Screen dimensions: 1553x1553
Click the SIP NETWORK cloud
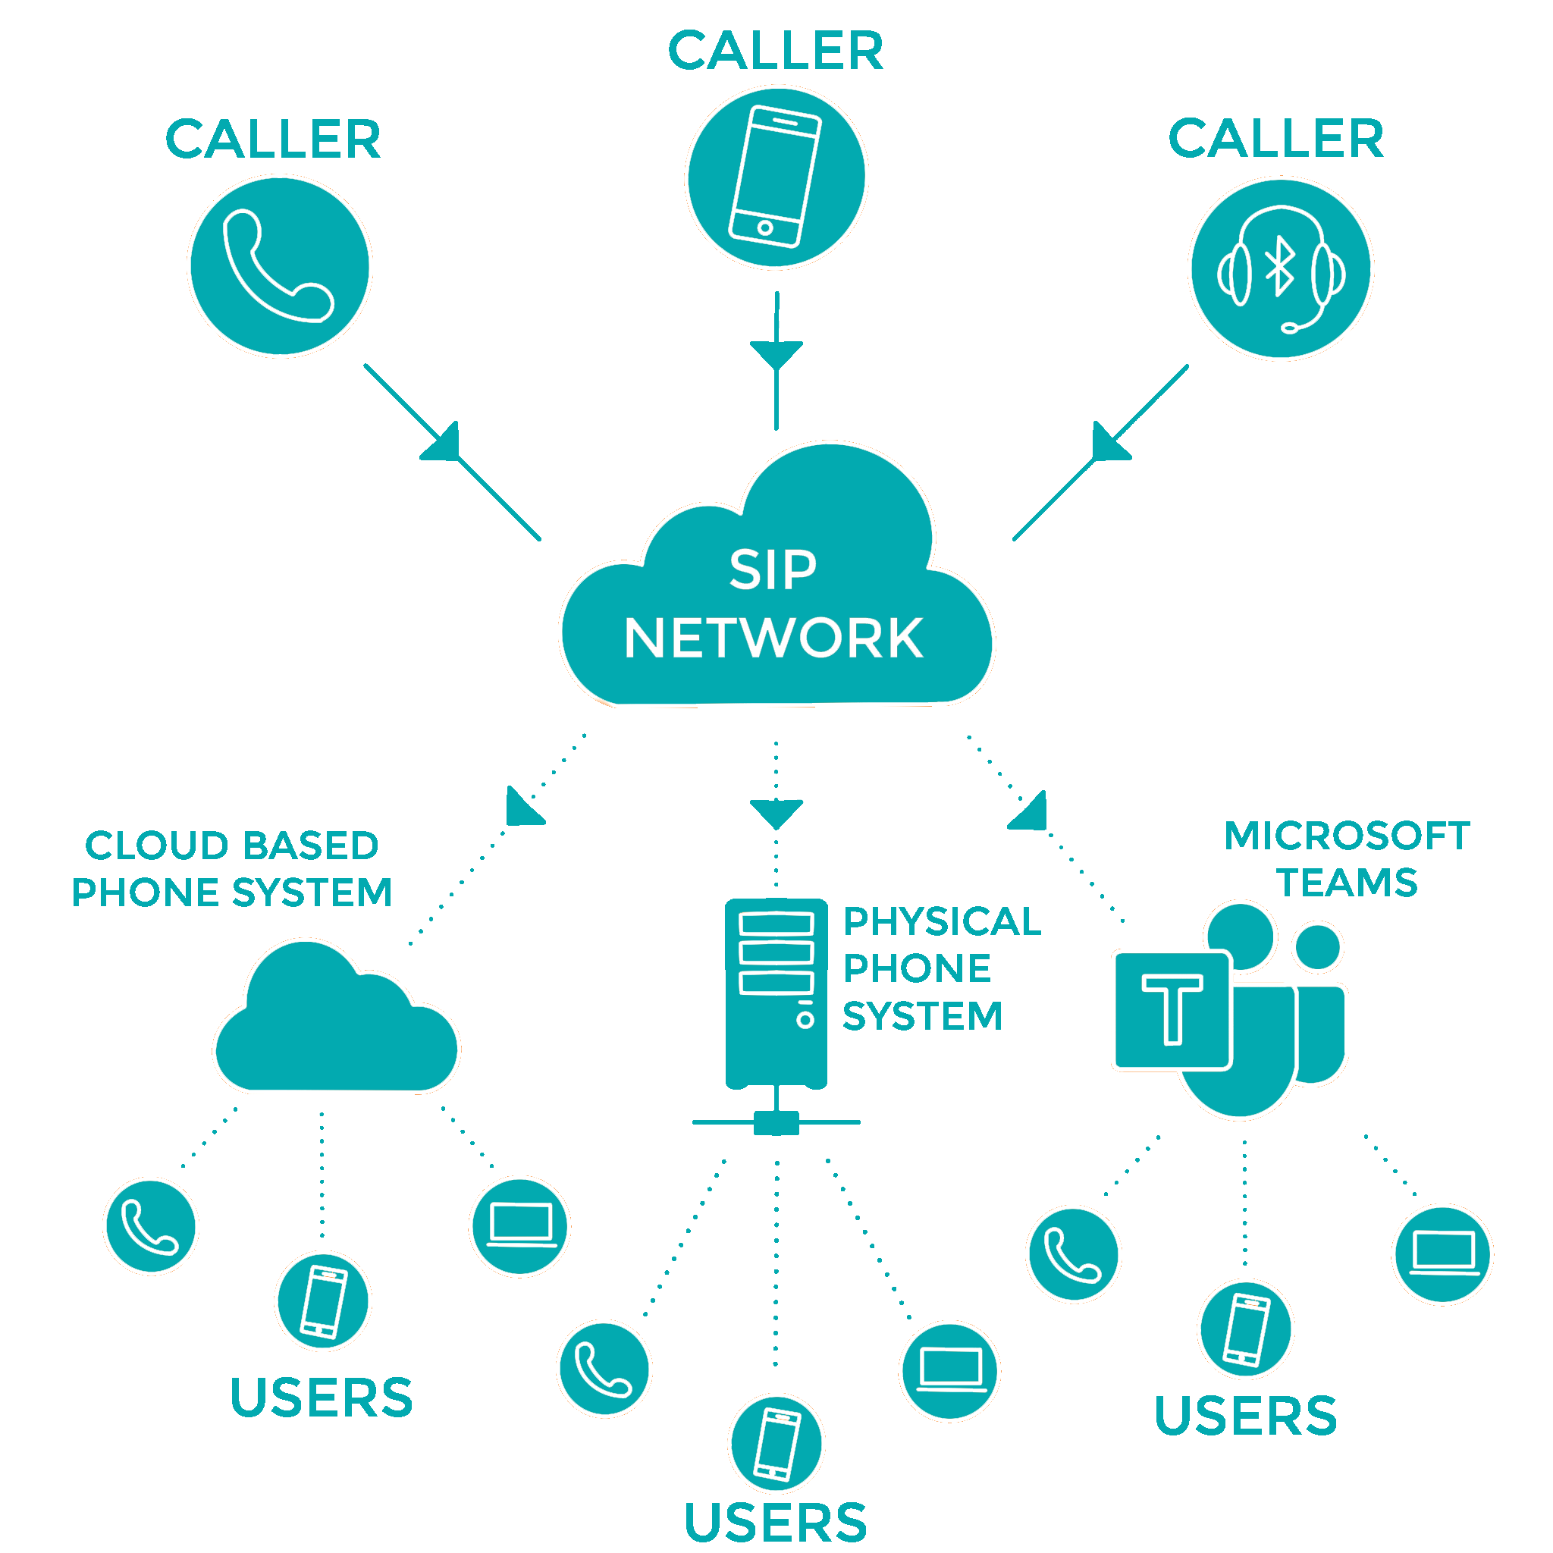(x=776, y=603)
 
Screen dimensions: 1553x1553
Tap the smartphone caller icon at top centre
(x=775, y=177)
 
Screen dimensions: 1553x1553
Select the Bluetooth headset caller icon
(x=1281, y=268)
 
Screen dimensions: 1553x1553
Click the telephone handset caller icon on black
(x=280, y=266)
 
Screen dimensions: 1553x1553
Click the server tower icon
(x=776, y=996)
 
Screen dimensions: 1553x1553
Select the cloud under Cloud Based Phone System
(x=337, y=1025)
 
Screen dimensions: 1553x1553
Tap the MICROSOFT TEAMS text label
(x=1348, y=859)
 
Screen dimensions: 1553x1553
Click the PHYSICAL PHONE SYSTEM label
(x=940, y=968)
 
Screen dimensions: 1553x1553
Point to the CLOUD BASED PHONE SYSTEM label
(x=232, y=869)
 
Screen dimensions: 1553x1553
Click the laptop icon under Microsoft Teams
(x=1443, y=1254)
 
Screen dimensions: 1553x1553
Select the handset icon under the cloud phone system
(x=150, y=1227)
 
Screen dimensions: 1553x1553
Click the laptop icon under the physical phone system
(x=949, y=1371)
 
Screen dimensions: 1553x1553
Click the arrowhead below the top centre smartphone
(x=776, y=353)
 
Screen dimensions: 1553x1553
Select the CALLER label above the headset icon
(x=1275, y=138)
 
